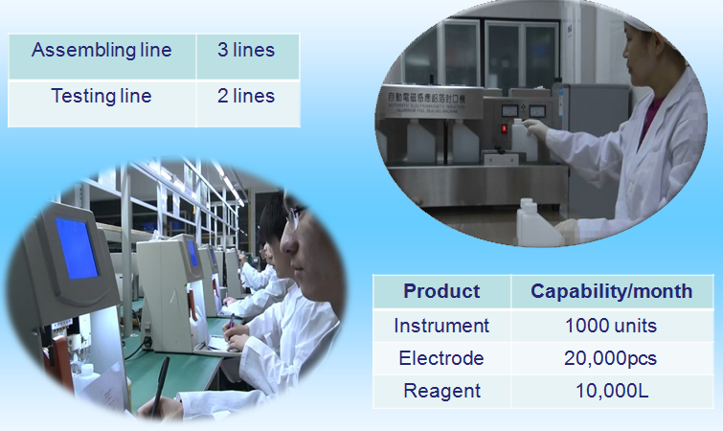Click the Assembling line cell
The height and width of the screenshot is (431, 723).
(102, 50)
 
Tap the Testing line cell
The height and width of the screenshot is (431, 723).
(102, 97)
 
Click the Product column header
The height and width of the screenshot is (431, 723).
(441, 291)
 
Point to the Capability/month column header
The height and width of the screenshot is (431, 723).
(611, 291)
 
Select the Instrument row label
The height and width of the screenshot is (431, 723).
(441, 326)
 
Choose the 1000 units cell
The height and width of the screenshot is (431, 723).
(611, 326)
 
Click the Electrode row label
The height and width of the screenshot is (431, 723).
(441, 358)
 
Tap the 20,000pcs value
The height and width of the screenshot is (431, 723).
(611, 358)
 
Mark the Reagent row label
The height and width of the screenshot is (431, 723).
(441, 391)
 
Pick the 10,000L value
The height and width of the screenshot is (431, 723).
(612, 391)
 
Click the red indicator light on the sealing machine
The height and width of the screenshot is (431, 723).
(504, 128)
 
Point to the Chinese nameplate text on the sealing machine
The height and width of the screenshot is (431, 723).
(426, 98)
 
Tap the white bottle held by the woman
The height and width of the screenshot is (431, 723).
(524, 140)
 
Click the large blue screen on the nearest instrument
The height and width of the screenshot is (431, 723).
(76, 248)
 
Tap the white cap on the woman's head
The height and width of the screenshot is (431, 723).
(644, 18)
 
